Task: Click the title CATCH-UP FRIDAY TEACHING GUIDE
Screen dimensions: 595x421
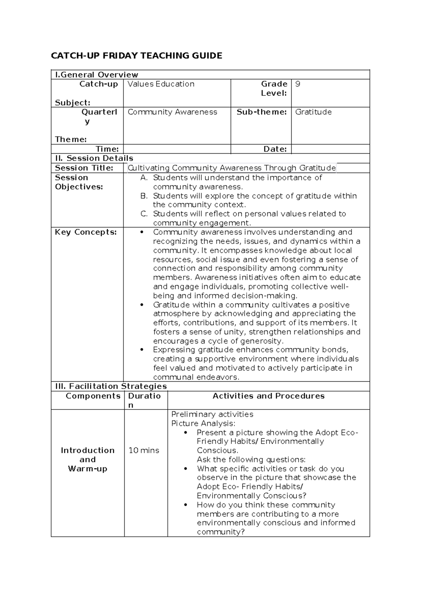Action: [136, 56]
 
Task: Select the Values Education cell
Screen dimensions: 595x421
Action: [161, 84]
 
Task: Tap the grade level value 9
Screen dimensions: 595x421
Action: [298, 84]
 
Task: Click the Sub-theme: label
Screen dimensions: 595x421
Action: [261, 112]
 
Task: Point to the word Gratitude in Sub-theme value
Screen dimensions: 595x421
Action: [313, 112]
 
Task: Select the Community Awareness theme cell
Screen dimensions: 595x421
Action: [172, 112]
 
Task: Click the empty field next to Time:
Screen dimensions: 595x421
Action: [177, 149]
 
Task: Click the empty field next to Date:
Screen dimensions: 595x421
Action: [330, 149]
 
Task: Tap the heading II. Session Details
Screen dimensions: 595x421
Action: [94, 158]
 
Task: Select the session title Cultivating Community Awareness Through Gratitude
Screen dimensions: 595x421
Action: [232, 168]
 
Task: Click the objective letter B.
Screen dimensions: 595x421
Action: [144, 196]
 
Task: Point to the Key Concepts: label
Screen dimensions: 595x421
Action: [86, 232]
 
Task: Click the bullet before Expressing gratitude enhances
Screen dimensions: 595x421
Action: [142, 350]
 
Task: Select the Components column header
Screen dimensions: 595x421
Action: [93, 396]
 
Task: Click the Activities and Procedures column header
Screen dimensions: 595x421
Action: [268, 396]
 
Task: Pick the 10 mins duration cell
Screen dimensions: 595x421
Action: [144, 450]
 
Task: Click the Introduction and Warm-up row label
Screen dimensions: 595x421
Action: [88, 460]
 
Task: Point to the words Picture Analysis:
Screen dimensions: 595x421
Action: [203, 423]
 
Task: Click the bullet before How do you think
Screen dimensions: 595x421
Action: [186, 505]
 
